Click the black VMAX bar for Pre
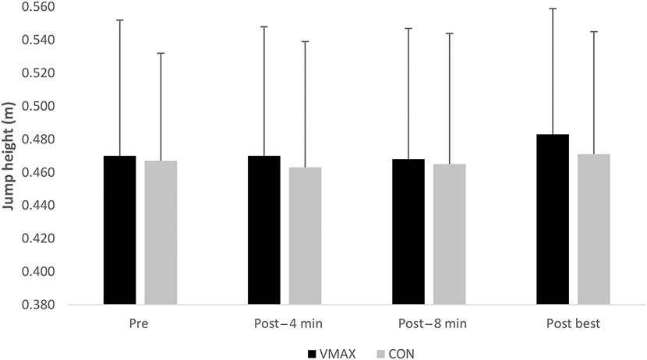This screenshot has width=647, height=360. [x=119, y=230]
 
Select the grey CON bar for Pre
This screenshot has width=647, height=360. [x=161, y=232]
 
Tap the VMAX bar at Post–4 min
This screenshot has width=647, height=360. [x=263, y=230]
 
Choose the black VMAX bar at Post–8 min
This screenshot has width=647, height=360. [x=408, y=231]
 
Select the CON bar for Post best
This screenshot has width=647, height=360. [x=594, y=229]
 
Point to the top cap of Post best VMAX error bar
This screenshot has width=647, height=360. [x=553, y=8]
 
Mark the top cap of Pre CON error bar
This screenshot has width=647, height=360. [x=161, y=53]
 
